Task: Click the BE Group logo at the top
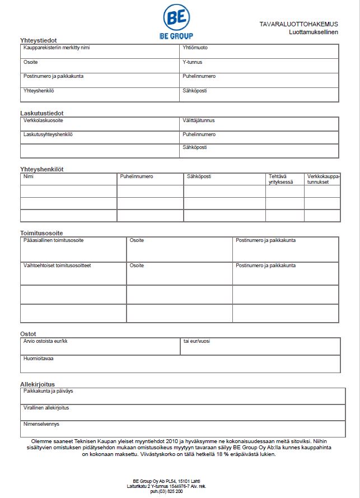[x=177, y=21]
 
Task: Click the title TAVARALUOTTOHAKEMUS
[x=298, y=24]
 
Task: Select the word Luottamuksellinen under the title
[x=314, y=32]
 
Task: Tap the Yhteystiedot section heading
[x=39, y=40]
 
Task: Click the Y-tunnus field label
[x=192, y=62]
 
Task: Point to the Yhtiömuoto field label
[x=195, y=48]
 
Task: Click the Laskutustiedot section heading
[x=41, y=113]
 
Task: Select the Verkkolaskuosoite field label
[x=43, y=120]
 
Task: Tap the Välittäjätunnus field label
[x=198, y=120]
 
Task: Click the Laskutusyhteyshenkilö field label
[x=48, y=134]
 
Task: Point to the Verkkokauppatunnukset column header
[x=323, y=179]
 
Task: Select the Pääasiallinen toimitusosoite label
[x=54, y=240]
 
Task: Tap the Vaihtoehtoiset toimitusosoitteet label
[x=57, y=266]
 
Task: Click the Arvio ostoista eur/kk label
[x=45, y=341]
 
